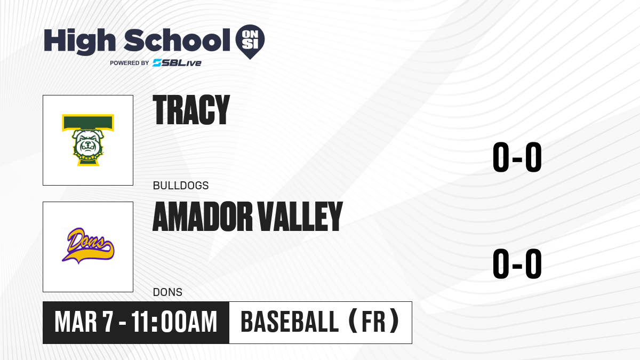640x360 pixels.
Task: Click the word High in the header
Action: point(79,41)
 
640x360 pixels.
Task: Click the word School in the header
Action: point(177,40)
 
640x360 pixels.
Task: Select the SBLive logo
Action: point(177,62)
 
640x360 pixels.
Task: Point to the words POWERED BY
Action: point(130,63)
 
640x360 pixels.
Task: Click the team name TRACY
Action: point(191,110)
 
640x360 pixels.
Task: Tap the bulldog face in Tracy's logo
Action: point(87,143)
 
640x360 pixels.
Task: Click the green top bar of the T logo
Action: point(88,123)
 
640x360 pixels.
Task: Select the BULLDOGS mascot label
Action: point(181,186)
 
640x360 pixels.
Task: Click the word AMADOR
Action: point(203,217)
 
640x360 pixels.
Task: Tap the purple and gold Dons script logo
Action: point(88,246)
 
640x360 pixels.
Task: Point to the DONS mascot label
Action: point(167,292)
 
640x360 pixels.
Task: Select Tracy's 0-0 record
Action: point(517,157)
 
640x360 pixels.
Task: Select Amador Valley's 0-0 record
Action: point(517,263)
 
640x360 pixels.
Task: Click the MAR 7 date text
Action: point(84,322)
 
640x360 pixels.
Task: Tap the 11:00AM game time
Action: point(174,322)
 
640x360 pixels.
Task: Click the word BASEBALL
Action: point(290,322)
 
